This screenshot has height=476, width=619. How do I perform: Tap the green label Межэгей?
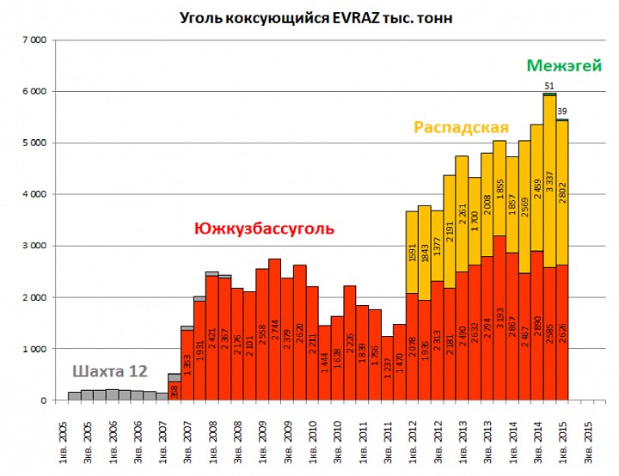coord(564,65)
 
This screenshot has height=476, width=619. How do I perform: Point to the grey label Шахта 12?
coord(109,371)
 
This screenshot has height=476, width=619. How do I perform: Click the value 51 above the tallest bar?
coord(549,86)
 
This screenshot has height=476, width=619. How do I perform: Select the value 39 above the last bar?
coord(562,111)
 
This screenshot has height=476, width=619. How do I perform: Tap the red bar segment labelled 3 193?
coord(499,318)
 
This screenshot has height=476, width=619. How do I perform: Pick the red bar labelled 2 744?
coord(274,330)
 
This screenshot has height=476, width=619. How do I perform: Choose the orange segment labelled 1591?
coord(412,253)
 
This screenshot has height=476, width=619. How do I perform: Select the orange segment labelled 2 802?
coord(562,192)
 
